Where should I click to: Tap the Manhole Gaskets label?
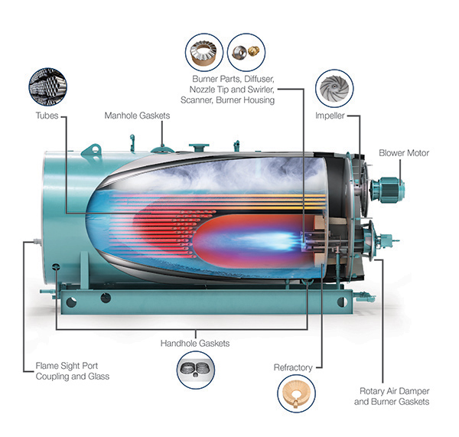pos(138,116)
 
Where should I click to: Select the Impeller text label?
pos(329,116)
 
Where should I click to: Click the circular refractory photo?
pos(295,398)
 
